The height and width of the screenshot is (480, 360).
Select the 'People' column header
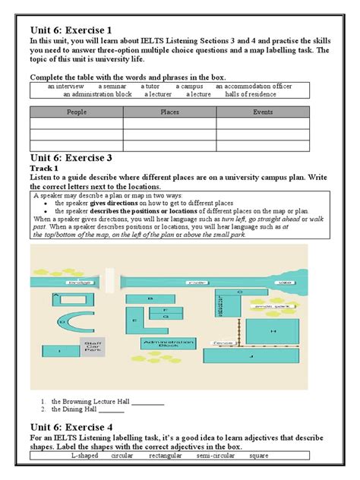pos(76,112)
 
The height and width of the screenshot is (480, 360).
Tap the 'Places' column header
pos(169,112)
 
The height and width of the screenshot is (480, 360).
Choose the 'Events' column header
pos(263,112)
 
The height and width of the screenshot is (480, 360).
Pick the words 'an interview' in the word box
pos(68,87)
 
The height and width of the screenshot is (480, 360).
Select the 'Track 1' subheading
pos(43,169)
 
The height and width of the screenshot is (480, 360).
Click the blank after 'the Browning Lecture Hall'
pos(147,401)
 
